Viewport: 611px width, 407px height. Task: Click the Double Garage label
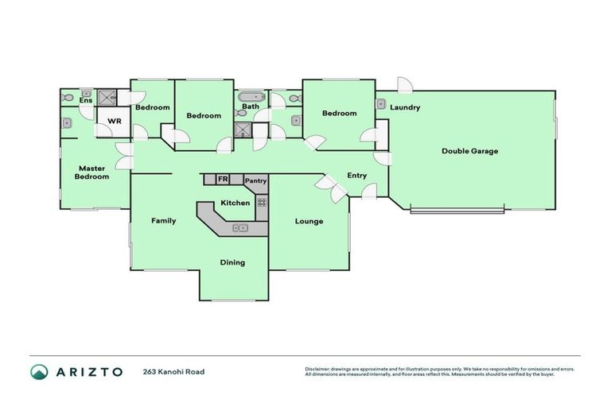coord(469,151)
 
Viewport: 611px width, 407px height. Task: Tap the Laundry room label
coord(405,107)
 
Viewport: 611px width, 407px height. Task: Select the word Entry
coord(357,176)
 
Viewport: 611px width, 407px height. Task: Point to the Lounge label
coord(309,221)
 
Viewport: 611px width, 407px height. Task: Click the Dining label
coord(232,262)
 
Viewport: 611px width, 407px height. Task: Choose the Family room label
coord(164,221)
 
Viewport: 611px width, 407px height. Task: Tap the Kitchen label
coord(235,203)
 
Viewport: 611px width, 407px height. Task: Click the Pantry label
coord(255,181)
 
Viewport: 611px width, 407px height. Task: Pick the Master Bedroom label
coord(92,172)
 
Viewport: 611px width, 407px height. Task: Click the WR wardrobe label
coord(115,122)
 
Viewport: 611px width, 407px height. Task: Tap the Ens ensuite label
coord(85,100)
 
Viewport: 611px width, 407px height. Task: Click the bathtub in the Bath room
coord(251,96)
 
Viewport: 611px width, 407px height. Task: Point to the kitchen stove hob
coord(261,202)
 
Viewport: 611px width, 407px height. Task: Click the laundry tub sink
coord(381,104)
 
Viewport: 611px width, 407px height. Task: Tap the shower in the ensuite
coord(107,98)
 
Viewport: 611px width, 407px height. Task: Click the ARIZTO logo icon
coord(39,371)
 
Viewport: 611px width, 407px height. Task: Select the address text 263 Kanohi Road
coord(173,372)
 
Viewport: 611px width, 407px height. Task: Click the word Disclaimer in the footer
coord(318,369)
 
